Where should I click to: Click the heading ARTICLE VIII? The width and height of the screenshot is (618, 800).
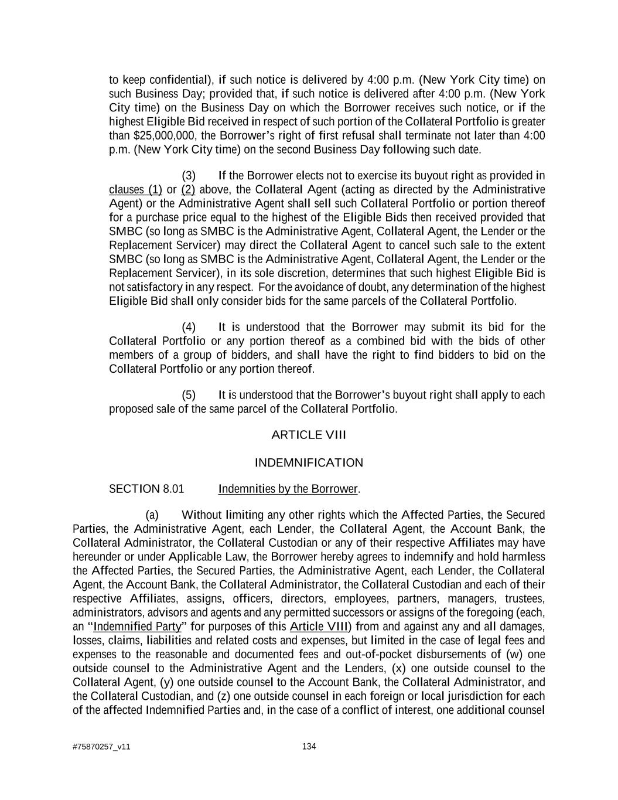[309, 435]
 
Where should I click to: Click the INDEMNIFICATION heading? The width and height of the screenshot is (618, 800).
[309, 463]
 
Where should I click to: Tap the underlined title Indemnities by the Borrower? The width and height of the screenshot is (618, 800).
[288, 489]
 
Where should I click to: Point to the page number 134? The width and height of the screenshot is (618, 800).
[309, 746]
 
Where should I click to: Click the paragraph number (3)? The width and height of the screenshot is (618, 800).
[189, 176]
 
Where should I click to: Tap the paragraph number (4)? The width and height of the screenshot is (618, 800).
[189, 327]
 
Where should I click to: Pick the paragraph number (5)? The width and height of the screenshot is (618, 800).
[189, 395]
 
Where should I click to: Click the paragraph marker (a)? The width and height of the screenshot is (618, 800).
[152, 515]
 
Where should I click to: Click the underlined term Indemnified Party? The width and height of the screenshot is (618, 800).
[137, 627]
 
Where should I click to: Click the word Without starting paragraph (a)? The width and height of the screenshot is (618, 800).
[202, 515]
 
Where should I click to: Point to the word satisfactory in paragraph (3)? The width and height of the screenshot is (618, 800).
[155, 287]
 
